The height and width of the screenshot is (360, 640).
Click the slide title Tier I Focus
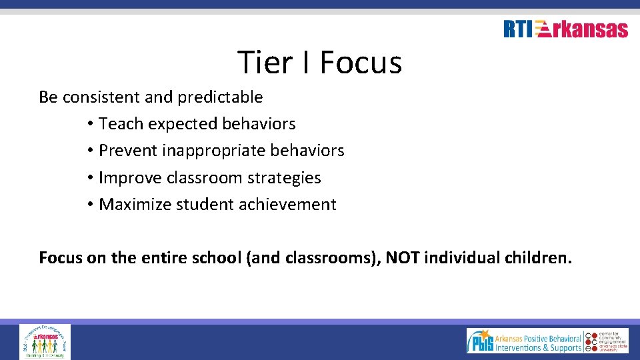pyautogui.click(x=319, y=63)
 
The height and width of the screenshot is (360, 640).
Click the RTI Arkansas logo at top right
pyautogui.click(x=565, y=29)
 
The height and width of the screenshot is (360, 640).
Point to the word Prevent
pyautogui.click(x=127, y=151)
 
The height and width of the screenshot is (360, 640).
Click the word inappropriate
pyautogui.click(x=214, y=151)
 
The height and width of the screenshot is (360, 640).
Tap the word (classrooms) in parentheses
pyautogui.click(x=331, y=257)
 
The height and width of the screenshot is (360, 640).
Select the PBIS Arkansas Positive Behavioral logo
pyautogui.click(x=524, y=341)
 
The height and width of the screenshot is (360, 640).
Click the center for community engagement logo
pyautogui.click(x=607, y=341)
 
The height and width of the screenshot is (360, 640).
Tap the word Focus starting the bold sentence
pyautogui.click(x=60, y=257)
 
